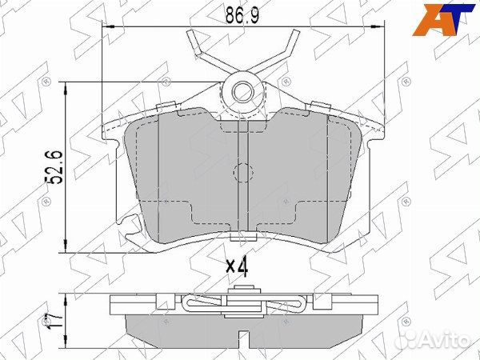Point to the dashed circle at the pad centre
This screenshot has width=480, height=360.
coord(242,171)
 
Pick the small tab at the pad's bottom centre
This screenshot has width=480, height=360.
coord(242,237)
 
